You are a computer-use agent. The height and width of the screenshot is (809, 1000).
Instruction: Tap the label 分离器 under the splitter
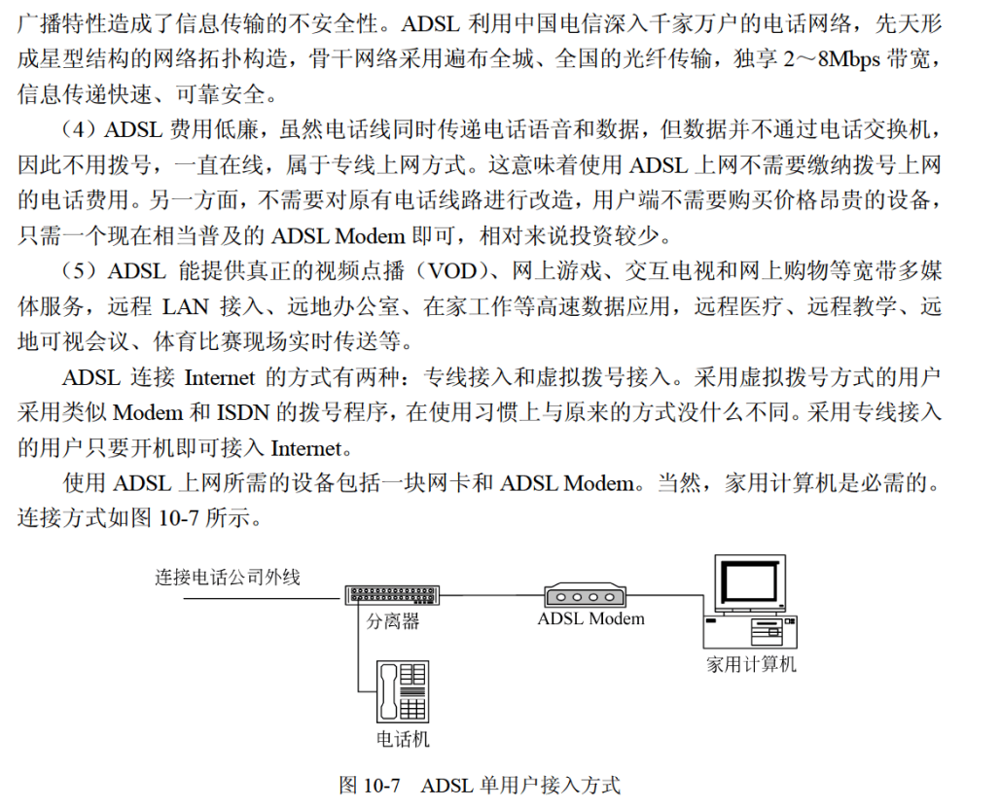(x=393, y=620)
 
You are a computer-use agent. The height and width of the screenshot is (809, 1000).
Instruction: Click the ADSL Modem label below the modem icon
(x=590, y=618)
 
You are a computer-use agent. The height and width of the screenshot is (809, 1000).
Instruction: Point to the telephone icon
(x=402, y=691)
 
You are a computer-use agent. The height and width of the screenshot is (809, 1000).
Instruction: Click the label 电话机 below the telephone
(x=403, y=739)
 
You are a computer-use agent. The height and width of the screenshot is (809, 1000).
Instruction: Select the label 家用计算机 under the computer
(x=751, y=665)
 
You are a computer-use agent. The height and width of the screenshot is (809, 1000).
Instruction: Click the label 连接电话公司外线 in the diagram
(x=228, y=577)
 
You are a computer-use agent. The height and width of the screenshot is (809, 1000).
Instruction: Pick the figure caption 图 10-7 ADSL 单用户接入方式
(x=480, y=786)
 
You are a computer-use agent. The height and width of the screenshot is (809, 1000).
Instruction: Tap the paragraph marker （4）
(x=80, y=129)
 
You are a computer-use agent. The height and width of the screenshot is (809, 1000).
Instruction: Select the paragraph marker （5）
(x=80, y=270)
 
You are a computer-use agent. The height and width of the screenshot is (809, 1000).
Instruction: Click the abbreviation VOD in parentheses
(x=452, y=270)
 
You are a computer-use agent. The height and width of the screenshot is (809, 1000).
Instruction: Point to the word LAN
(x=185, y=307)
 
